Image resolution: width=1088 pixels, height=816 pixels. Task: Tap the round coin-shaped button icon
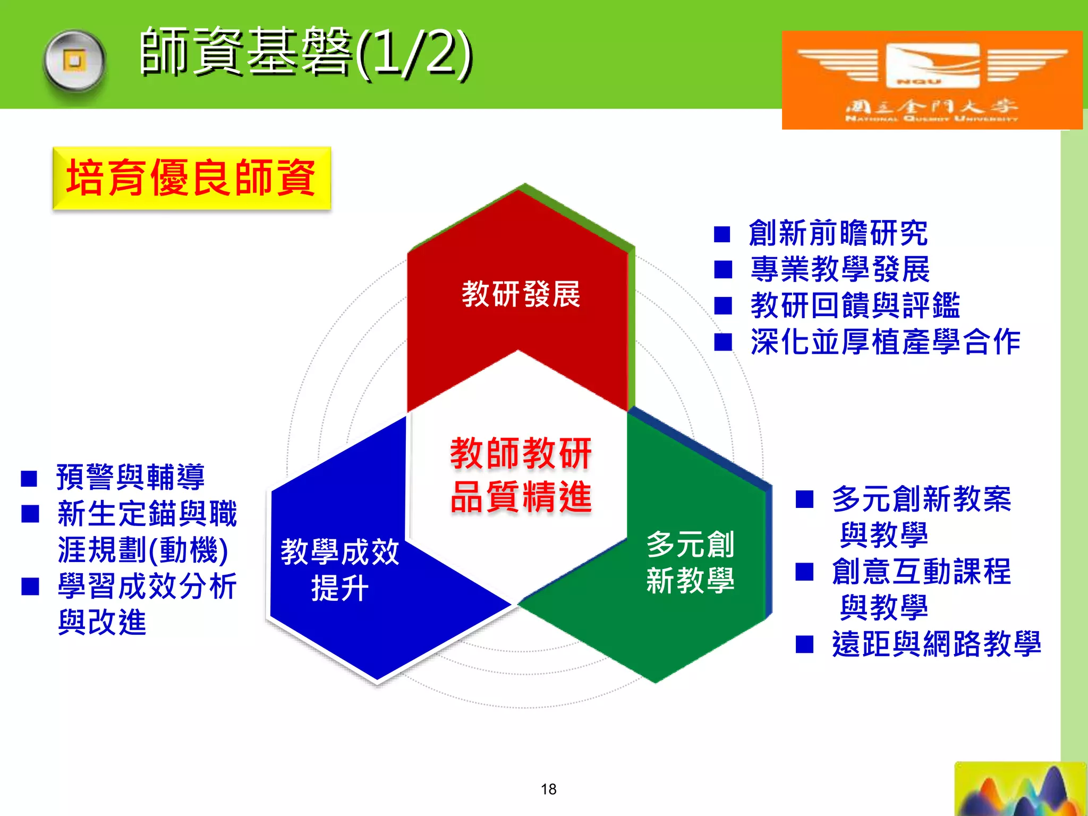pos(74,62)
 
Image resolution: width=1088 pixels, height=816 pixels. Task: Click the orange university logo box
pos(931,80)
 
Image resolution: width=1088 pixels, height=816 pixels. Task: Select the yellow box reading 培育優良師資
pos(191,178)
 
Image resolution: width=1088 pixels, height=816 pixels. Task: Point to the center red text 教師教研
pos(521,454)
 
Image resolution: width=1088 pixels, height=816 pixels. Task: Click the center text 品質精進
pos(521,497)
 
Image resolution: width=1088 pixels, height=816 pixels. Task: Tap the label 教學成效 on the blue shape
pos(339,551)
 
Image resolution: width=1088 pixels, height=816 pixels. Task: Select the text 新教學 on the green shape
pos(690,580)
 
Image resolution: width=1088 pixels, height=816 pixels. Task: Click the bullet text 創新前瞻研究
pos(838,233)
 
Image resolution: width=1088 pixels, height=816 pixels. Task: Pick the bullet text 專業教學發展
pos(840,269)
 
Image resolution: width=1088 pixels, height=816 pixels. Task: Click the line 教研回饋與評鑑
pos(855,305)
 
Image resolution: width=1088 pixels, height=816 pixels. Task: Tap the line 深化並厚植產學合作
pos(885,342)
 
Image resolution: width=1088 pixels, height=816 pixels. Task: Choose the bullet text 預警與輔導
pos(130,477)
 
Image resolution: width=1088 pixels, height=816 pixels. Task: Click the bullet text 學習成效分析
pos(147,586)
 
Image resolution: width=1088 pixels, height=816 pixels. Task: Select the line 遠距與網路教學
pos(936,644)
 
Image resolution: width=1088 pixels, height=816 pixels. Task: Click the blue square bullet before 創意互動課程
pos(804,572)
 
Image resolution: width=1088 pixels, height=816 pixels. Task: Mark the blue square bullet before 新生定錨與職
pos(30,514)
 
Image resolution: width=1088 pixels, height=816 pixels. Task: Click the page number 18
pos(548,789)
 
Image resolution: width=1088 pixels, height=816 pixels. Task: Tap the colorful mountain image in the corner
pos(1019,789)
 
